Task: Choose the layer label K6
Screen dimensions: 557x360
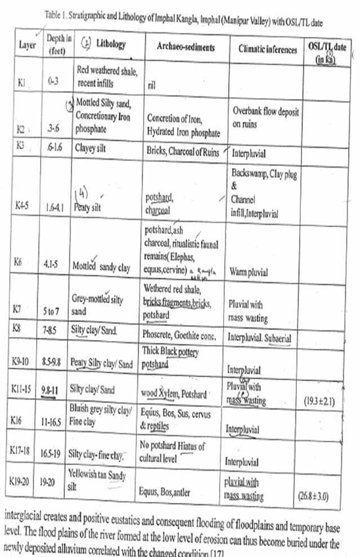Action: coord(21,262)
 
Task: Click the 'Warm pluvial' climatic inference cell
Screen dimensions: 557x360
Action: coord(248,272)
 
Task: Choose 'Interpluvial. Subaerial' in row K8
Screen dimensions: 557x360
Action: coord(259,338)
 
